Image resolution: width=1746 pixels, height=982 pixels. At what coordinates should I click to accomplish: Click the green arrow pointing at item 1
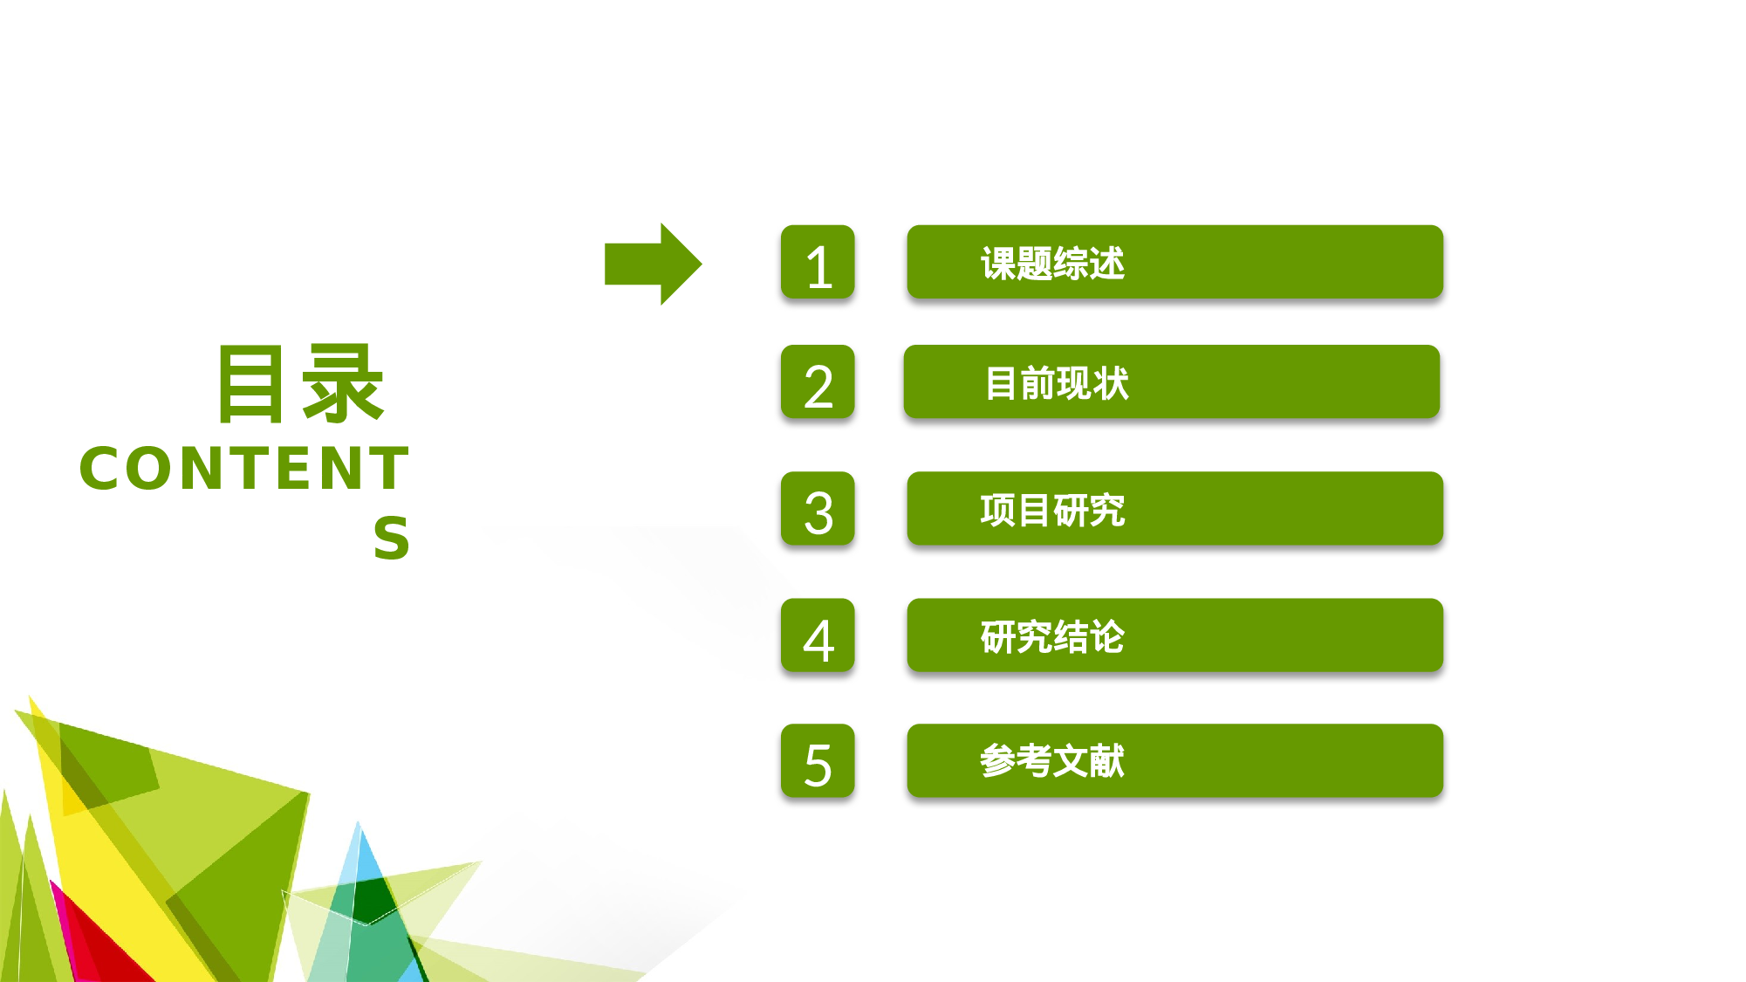(x=652, y=264)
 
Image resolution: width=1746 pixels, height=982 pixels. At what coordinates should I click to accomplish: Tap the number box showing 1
(x=818, y=263)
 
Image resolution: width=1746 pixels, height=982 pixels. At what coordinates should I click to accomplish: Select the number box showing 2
(x=818, y=382)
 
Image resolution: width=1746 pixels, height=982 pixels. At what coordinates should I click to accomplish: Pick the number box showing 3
(x=818, y=509)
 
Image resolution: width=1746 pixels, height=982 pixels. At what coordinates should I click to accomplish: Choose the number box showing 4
(x=818, y=635)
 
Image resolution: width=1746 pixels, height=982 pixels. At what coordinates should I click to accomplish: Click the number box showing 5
(x=818, y=761)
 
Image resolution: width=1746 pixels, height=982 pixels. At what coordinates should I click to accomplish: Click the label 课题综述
(x=1052, y=263)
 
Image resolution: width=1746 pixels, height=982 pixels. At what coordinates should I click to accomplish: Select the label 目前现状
(x=1056, y=383)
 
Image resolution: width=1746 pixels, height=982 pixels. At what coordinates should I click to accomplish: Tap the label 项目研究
(x=1052, y=510)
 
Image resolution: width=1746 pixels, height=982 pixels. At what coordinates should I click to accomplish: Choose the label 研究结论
(x=1052, y=636)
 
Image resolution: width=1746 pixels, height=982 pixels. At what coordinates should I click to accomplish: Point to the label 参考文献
(x=1052, y=761)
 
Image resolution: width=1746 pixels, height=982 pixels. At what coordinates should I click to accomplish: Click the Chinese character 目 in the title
(x=251, y=384)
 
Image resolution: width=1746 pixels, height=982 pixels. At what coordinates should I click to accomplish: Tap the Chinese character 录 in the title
(x=342, y=384)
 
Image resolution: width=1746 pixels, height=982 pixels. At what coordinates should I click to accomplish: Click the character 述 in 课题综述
(x=1107, y=263)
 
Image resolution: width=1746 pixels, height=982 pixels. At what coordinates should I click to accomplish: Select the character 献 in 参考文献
(x=1107, y=761)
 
